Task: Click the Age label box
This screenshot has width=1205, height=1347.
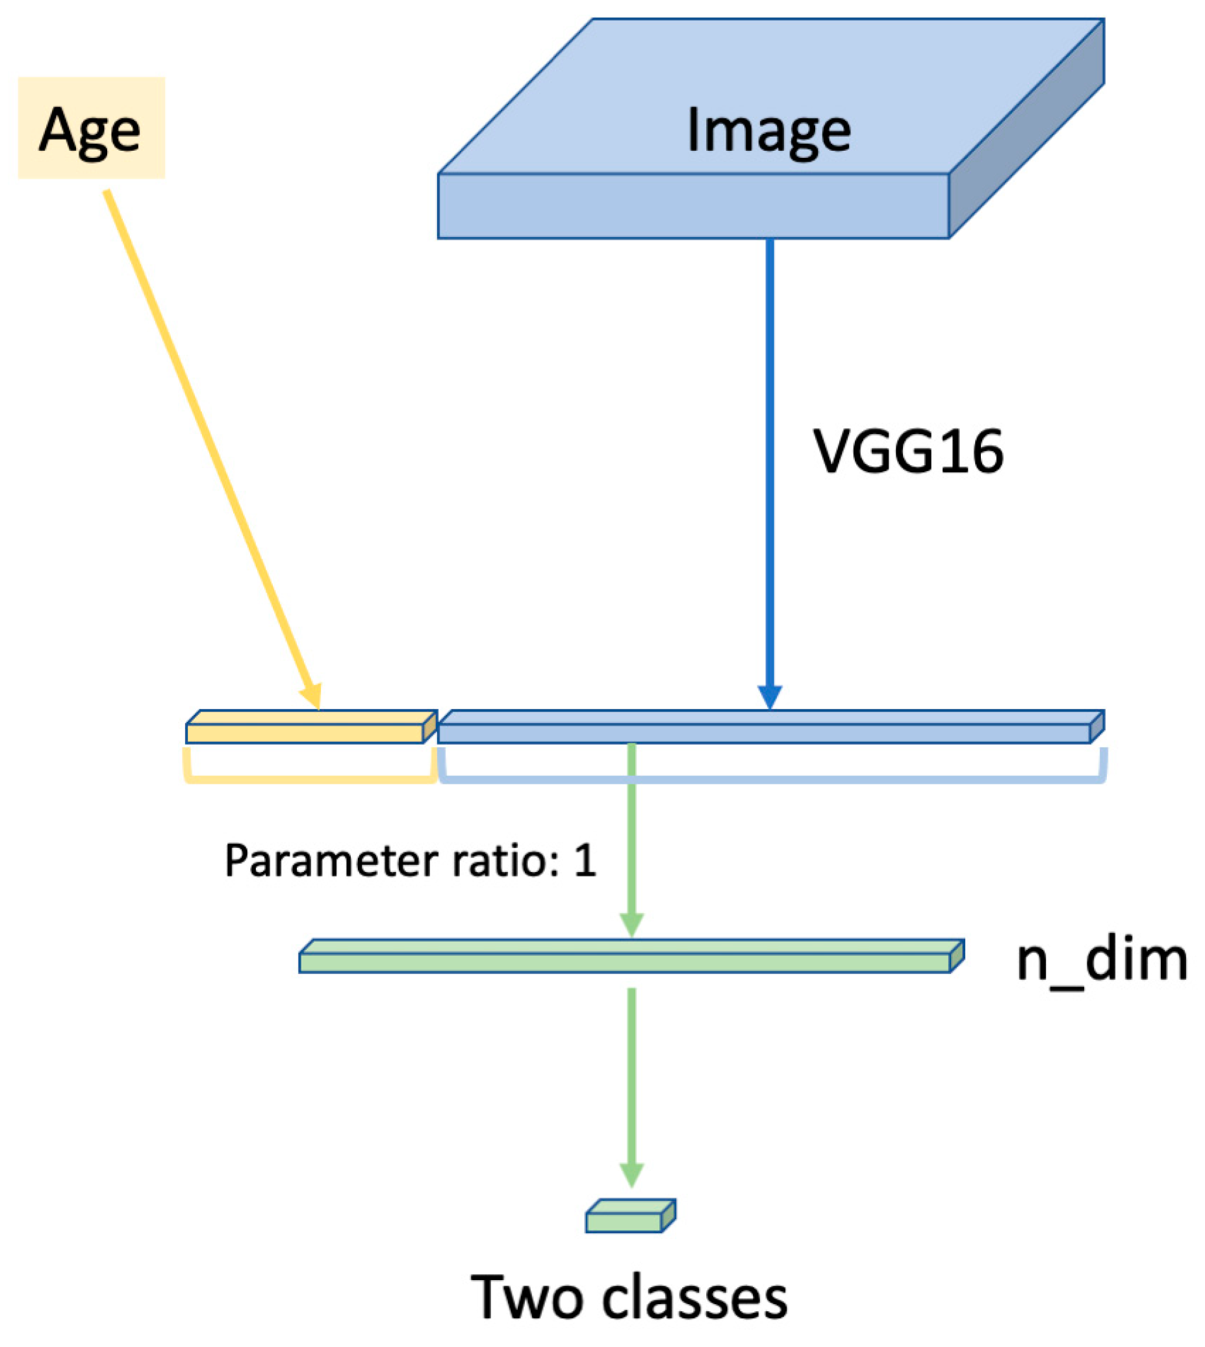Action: (x=91, y=127)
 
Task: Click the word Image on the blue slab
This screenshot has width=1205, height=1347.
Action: (x=768, y=131)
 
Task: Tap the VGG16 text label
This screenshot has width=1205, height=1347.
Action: (x=907, y=452)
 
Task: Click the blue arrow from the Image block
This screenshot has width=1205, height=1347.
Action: (x=769, y=463)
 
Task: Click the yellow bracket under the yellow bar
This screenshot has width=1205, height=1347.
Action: (x=309, y=780)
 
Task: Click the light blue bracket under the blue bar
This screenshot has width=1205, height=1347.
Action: (x=771, y=780)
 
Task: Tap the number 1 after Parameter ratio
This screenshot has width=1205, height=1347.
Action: (x=585, y=861)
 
